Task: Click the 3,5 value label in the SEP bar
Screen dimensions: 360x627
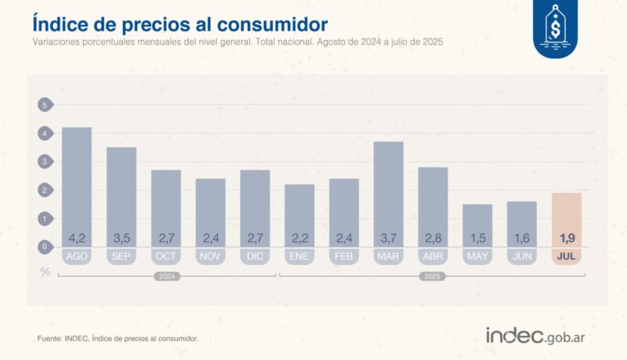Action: coord(121,238)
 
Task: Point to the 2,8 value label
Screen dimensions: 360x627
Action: coord(433,238)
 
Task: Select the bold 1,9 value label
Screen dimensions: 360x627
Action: coord(567,238)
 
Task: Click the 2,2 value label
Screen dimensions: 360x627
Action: coord(299,238)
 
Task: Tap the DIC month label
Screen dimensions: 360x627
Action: coord(255,256)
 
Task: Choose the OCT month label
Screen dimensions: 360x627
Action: coord(166,256)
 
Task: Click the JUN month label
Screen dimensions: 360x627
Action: coord(522,256)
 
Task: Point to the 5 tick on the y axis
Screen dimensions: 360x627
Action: coord(45,105)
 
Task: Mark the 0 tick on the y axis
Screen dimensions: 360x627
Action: coord(45,247)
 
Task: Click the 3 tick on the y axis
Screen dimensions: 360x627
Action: coord(45,162)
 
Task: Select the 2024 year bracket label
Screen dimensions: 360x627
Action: coord(166,277)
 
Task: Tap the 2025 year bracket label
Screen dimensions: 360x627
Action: coord(433,277)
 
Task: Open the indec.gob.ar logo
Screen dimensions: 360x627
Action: coord(537,335)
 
